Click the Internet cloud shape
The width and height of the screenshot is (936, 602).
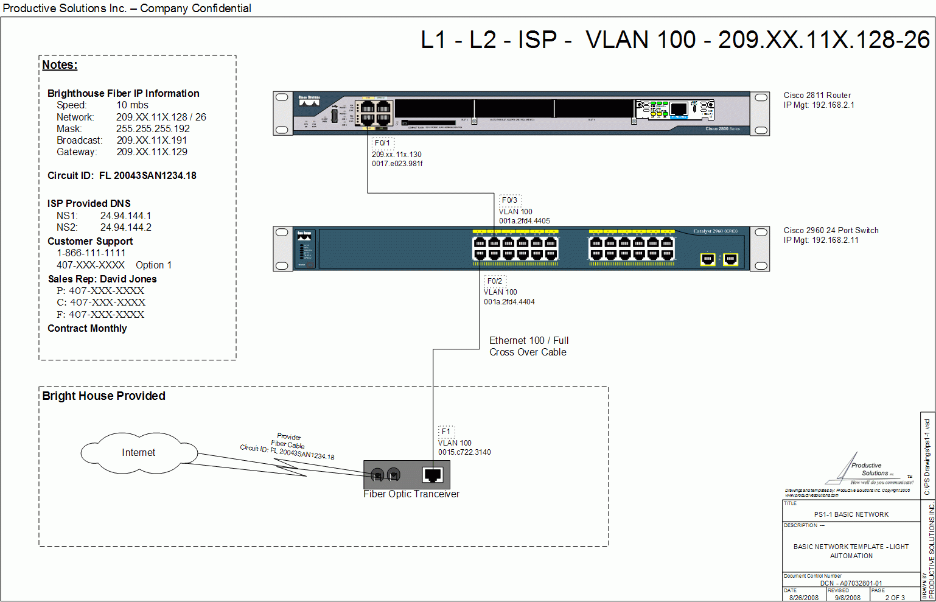click(x=139, y=453)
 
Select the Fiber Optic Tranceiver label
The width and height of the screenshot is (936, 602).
click(x=411, y=494)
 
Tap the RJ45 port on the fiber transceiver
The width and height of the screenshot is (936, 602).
click(x=433, y=475)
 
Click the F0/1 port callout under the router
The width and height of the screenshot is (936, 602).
click(x=383, y=143)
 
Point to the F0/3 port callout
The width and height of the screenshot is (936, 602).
click(x=510, y=200)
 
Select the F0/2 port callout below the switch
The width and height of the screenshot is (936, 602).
click(x=495, y=281)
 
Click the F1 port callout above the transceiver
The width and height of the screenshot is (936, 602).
click(x=446, y=432)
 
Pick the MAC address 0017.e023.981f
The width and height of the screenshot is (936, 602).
click(x=397, y=164)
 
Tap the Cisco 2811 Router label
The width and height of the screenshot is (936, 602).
click(x=817, y=96)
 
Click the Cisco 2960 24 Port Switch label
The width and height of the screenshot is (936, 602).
click(x=831, y=231)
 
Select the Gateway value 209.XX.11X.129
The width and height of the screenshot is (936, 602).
click(x=152, y=152)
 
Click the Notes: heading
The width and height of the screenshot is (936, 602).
click(x=60, y=65)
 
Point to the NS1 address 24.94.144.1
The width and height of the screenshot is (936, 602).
click(x=126, y=216)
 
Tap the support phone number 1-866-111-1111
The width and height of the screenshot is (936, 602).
click(x=91, y=253)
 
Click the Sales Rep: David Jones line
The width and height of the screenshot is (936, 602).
click(x=102, y=279)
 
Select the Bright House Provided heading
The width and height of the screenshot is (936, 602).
click(x=104, y=396)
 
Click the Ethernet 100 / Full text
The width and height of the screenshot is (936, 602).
click(x=529, y=341)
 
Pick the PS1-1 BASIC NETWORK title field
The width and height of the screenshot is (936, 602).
click(x=851, y=514)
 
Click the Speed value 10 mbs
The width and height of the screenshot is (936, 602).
click(x=133, y=105)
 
